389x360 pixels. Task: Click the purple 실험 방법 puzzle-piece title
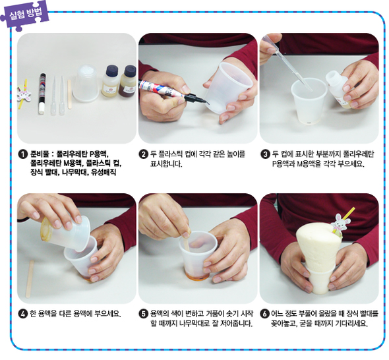[x=25, y=15]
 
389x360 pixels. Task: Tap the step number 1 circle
[x=22, y=154]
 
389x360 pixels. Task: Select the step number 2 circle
[x=143, y=154]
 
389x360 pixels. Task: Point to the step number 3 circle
[x=265, y=154]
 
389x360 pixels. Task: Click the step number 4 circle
[x=22, y=314]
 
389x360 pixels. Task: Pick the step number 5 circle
[x=143, y=314]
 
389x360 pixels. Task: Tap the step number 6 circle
[x=264, y=314]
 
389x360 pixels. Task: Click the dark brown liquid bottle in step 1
[x=127, y=81]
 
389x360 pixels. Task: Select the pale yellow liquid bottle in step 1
[x=110, y=81]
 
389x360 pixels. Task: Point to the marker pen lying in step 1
[x=42, y=93]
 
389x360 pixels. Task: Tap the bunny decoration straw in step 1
[x=24, y=94]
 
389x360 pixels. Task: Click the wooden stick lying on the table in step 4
[x=30, y=279]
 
